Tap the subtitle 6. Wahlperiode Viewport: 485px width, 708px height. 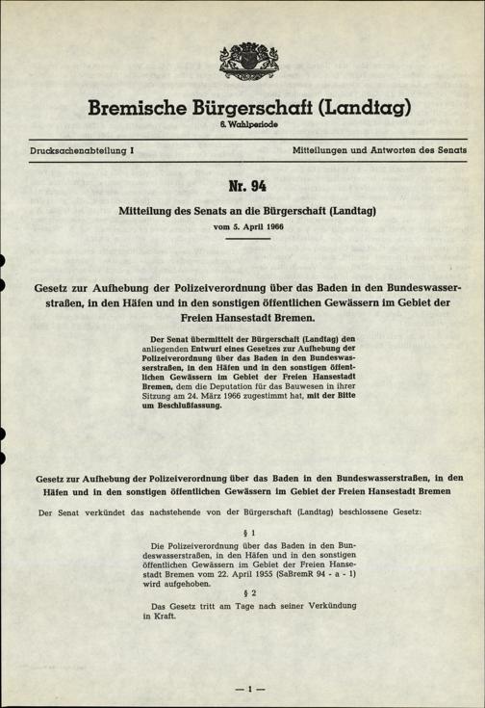point(242,125)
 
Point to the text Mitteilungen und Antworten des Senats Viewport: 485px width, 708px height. point(379,152)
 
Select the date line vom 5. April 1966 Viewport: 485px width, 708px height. point(242,227)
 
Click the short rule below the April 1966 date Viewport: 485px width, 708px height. point(242,239)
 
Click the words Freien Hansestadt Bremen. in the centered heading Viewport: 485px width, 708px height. point(242,318)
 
